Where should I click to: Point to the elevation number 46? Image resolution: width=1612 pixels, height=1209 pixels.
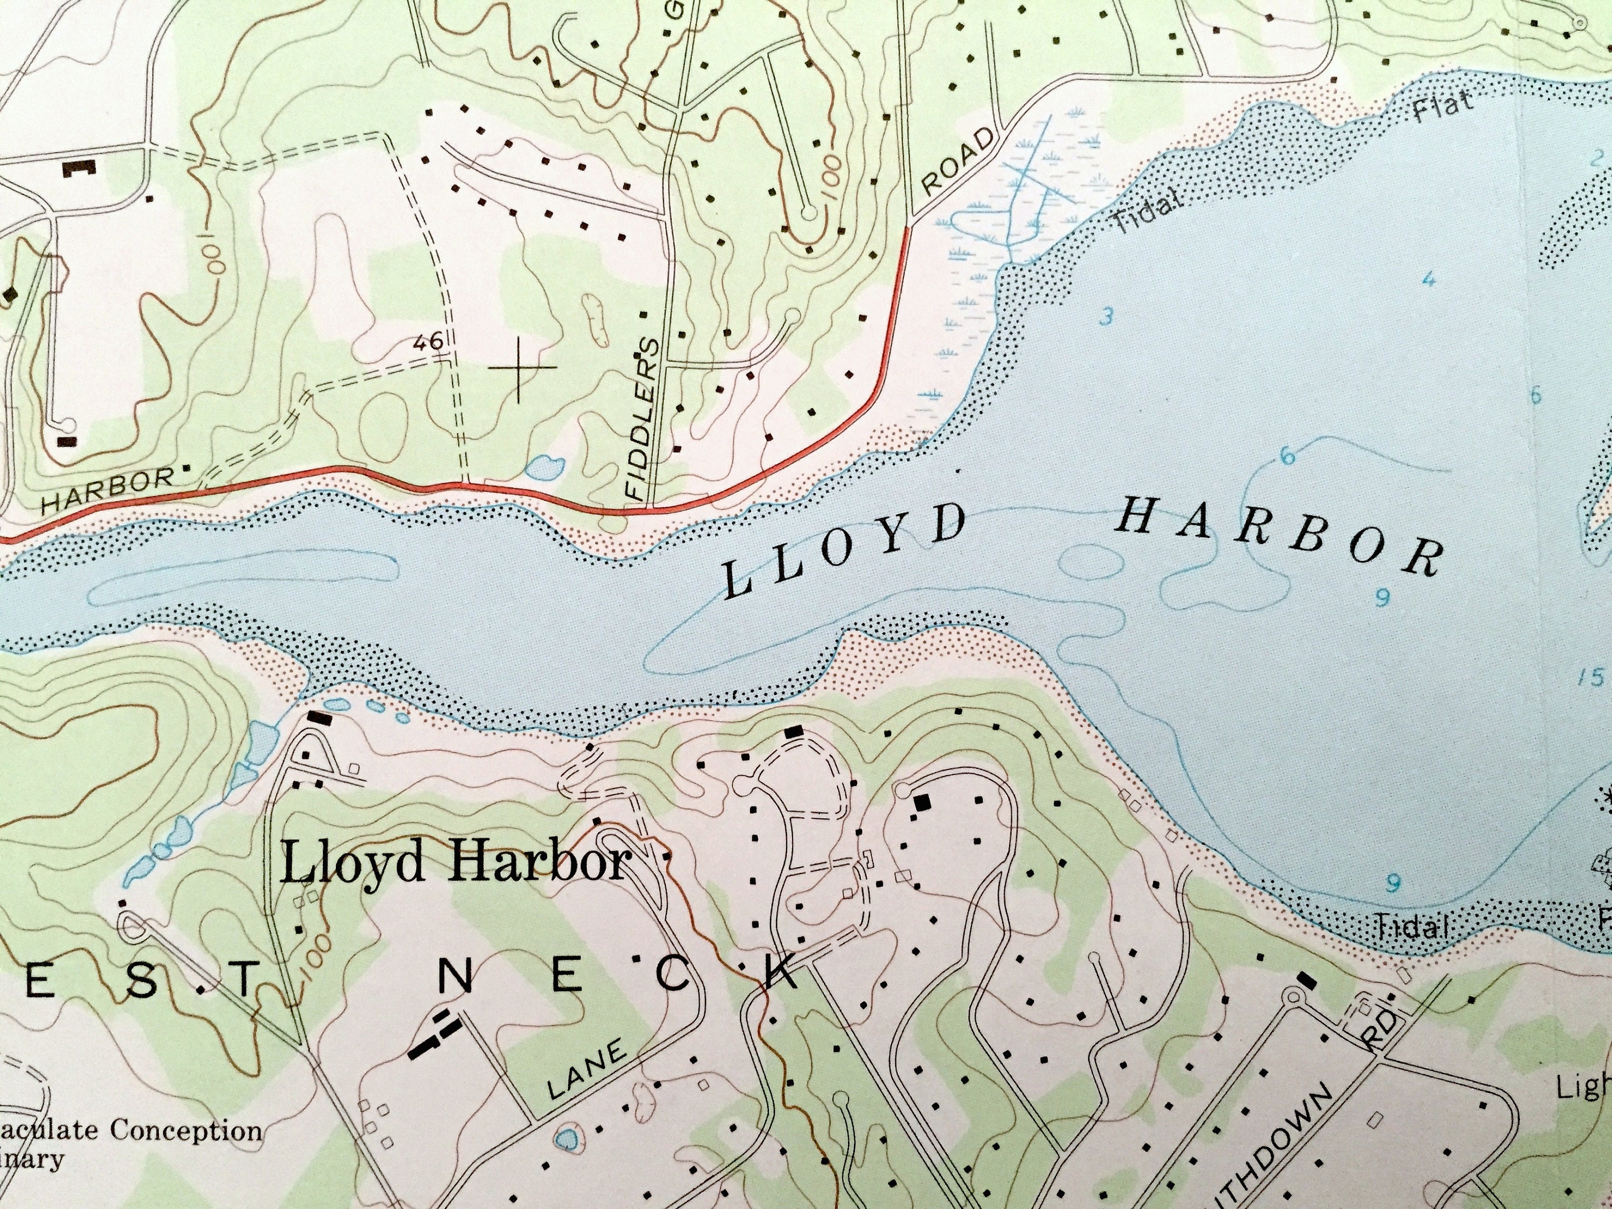(x=428, y=341)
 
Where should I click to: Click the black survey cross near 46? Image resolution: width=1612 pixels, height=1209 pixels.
(x=519, y=368)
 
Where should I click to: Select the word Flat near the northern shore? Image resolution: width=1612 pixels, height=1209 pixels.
(x=1443, y=106)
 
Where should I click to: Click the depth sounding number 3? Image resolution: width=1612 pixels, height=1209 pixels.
(x=1107, y=316)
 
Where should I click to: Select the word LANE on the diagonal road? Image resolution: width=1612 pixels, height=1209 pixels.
(x=587, y=1070)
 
